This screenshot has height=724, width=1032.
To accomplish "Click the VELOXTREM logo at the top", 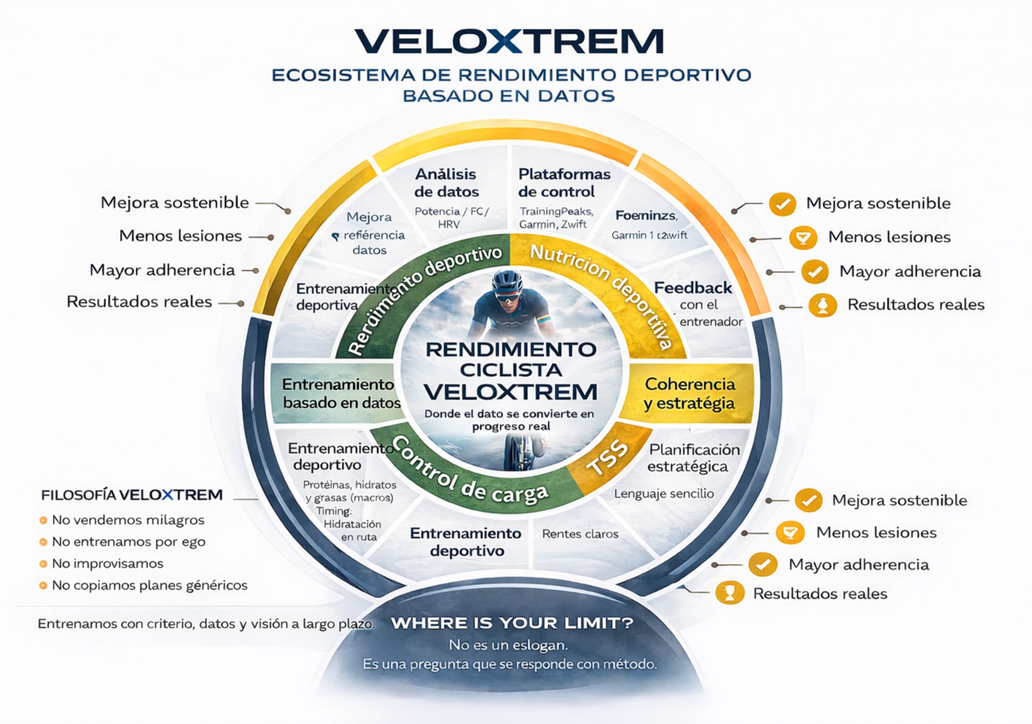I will pyautogui.click(x=509, y=41).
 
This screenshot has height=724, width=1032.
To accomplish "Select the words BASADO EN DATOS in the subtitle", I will pyautogui.click(x=509, y=96).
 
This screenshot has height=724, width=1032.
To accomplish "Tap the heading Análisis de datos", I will pyautogui.click(x=446, y=183).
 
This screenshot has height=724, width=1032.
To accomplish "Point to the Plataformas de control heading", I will pyautogui.click(x=564, y=183).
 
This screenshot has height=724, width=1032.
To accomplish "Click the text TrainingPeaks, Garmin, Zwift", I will pyautogui.click(x=556, y=218).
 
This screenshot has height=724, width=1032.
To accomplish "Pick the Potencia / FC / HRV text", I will pyautogui.click(x=451, y=217).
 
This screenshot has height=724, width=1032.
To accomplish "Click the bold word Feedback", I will pyautogui.click(x=693, y=288).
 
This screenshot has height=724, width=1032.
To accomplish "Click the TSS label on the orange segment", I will pyautogui.click(x=607, y=457).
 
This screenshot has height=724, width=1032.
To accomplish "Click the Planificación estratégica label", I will pyautogui.click(x=693, y=458).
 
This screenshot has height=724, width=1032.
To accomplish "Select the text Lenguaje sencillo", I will pyautogui.click(x=664, y=494).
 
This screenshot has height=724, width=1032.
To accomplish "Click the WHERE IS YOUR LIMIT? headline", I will pyautogui.click(x=512, y=623).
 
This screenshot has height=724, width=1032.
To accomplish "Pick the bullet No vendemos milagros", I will pyautogui.click(x=128, y=520).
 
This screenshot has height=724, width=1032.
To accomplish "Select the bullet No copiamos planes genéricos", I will pyautogui.click(x=149, y=585).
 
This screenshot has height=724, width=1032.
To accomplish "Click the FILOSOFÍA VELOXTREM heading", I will pyautogui.click(x=132, y=495).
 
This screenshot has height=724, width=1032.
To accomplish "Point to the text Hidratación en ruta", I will pyautogui.click(x=353, y=530).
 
